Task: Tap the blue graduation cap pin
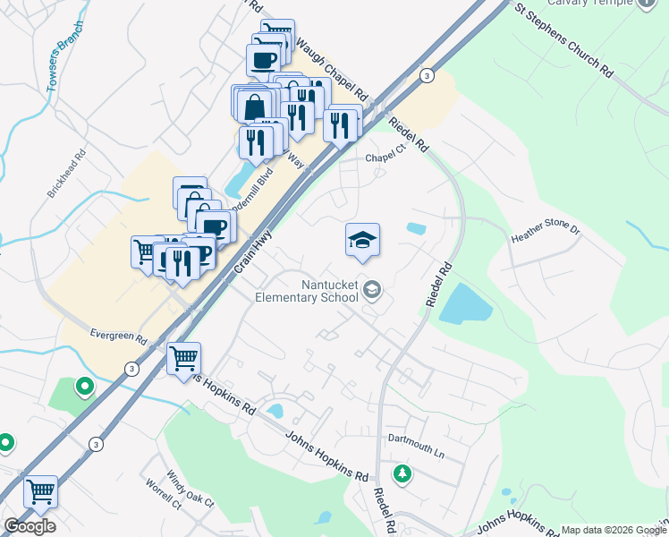362,241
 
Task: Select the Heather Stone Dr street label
546,235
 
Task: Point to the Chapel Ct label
385,158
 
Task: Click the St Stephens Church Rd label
563,41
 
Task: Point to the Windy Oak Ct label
190,490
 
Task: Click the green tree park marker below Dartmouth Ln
402,472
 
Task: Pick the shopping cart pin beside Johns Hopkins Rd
183,358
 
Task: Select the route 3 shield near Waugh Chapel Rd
428,75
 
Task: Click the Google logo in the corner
30,525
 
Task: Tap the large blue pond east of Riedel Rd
465,306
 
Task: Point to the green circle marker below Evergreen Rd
85,387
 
